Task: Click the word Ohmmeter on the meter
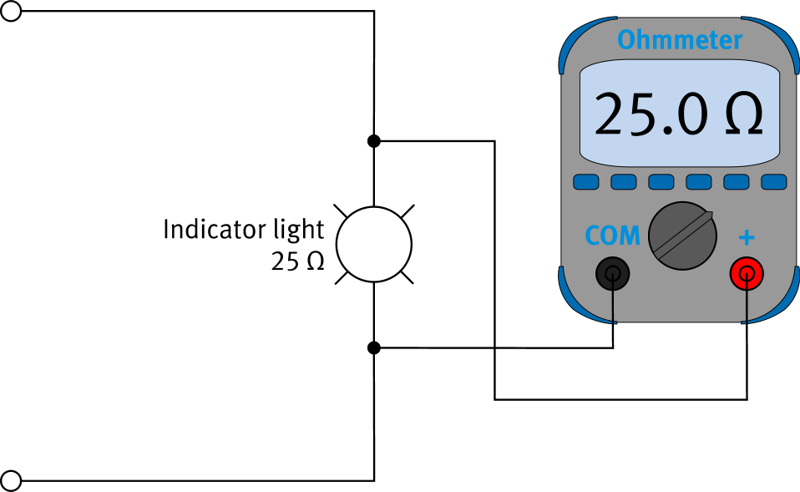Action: (x=680, y=40)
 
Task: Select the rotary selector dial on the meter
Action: (x=683, y=236)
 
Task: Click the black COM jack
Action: (x=613, y=272)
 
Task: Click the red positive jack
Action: (x=747, y=272)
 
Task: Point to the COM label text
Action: (x=612, y=236)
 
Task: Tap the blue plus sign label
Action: (x=747, y=238)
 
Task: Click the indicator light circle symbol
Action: (x=374, y=245)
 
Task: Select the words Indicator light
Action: (x=243, y=230)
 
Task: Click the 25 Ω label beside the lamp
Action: (x=296, y=261)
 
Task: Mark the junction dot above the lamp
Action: (x=374, y=140)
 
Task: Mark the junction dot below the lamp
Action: (x=374, y=347)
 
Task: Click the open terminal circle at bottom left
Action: (x=11, y=480)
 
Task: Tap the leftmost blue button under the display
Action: (x=585, y=182)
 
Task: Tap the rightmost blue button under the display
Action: (x=774, y=182)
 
